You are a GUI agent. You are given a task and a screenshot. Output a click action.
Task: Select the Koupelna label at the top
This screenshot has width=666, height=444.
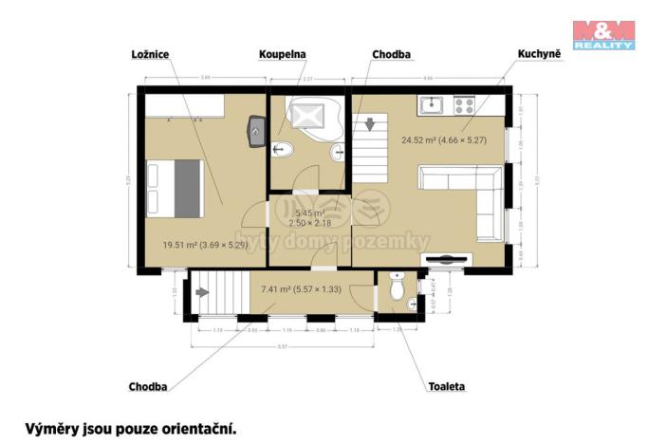coord(283,54)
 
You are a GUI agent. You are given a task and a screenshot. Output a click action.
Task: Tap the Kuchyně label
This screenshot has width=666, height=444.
coord(539,54)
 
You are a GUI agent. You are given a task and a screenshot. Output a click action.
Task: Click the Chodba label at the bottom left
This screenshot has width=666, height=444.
coord(148,387)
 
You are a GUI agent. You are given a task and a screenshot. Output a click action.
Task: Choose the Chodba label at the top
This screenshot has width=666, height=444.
coord(391,54)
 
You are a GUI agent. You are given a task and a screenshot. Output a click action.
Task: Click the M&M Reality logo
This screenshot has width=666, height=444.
coord(602,33)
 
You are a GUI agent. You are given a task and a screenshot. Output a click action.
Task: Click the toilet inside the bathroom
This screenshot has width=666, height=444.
coord(281,148)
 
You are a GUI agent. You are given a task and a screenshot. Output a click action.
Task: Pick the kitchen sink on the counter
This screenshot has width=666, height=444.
coord(431,102)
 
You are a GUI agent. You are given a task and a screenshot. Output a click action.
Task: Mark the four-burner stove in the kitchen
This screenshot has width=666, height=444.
coord(464,102)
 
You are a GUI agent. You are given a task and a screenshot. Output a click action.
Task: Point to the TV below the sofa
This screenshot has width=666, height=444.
coord(445,258)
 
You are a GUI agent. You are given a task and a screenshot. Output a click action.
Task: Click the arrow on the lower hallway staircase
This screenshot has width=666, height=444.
coord(202,293)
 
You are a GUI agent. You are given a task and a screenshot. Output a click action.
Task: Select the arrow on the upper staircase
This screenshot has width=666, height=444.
coord(369,122)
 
